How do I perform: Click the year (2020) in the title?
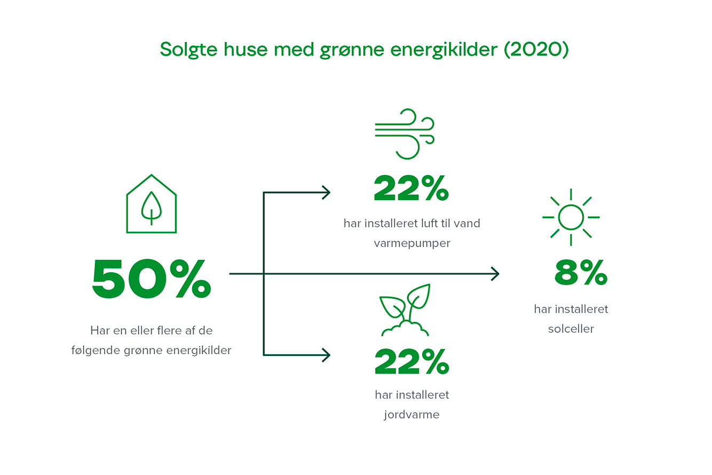click(536, 50)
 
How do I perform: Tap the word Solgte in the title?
click(188, 50)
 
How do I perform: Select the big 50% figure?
click(151, 279)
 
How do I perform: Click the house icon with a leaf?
click(151, 204)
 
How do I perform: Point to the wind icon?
click(405, 134)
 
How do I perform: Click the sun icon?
click(571, 217)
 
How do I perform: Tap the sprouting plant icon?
click(405, 310)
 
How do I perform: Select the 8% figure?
click(581, 272)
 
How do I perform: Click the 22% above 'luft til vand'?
click(412, 188)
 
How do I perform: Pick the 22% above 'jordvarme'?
click(412, 361)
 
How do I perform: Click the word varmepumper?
click(412, 244)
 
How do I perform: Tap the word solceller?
click(571, 329)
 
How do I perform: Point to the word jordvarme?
click(412, 415)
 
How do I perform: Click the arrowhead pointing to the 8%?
click(495, 274)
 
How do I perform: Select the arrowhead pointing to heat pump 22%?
click(327, 193)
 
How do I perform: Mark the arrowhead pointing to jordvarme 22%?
click(327, 355)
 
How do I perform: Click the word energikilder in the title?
click(444, 50)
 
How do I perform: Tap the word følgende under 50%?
click(95, 351)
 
